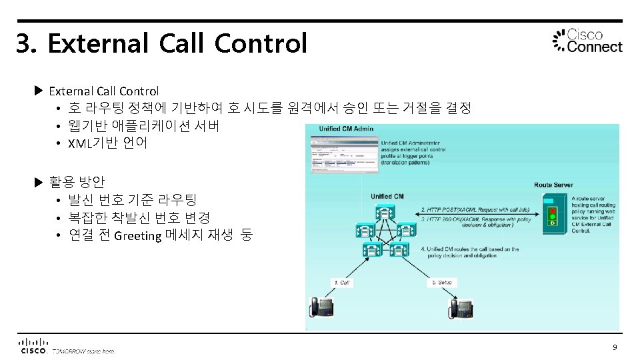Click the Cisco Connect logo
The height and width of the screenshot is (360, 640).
click(587, 41)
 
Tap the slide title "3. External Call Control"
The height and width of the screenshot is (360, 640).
click(161, 44)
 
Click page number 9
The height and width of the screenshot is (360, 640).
click(615, 347)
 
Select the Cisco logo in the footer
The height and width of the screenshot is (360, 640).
click(33, 345)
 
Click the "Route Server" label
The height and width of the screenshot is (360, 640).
click(553, 185)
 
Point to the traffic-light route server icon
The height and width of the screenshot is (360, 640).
click(551, 213)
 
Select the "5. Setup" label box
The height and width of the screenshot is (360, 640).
click(441, 283)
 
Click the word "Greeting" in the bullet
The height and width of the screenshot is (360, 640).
click(138, 235)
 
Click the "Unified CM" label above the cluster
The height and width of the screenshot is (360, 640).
click(387, 196)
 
